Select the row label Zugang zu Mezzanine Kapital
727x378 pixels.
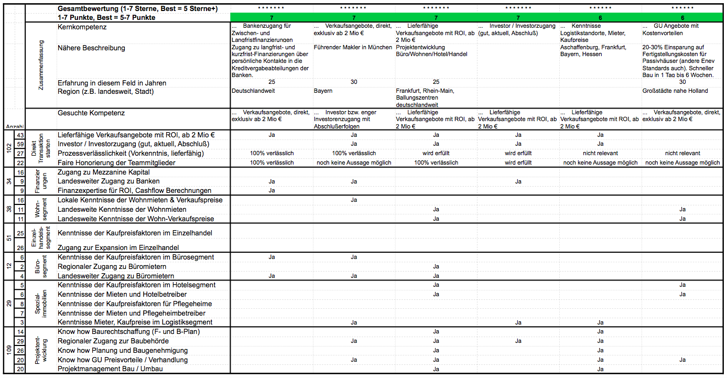tap(103, 172)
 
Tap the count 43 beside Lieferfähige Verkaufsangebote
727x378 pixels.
tap(20, 135)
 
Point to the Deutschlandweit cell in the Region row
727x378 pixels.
tap(253, 91)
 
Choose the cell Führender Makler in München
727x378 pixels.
tap(353, 48)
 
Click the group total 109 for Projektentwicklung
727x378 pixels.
tap(8, 350)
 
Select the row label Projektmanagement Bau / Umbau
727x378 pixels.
tap(111, 369)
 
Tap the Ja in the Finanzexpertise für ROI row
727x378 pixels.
tap(272, 190)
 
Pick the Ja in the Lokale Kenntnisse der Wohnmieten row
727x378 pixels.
tap(354, 200)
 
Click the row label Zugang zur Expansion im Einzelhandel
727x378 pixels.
tap(118, 247)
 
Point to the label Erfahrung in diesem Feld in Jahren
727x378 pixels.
tap(112, 83)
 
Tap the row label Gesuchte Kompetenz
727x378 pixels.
tap(91, 113)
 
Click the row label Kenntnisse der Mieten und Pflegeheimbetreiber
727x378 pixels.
tap(131, 313)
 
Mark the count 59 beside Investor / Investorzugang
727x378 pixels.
tap(20, 144)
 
